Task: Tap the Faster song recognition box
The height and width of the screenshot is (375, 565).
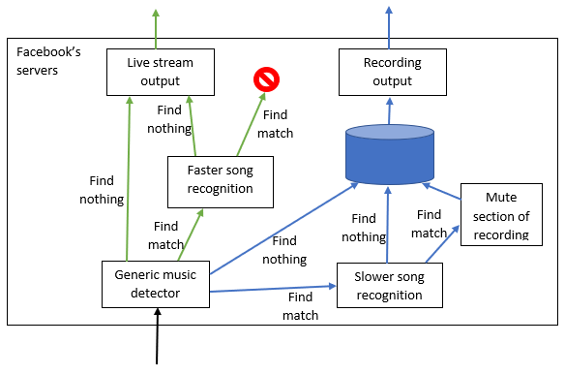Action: (x=221, y=180)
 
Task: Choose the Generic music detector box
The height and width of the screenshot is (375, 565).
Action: (x=155, y=284)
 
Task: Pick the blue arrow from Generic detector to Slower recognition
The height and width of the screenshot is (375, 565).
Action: (x=271, y=289)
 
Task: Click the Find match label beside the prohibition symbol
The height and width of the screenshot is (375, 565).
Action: (x=276, y=123)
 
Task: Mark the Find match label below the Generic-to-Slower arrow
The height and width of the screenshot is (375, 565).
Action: (x=300, y=306)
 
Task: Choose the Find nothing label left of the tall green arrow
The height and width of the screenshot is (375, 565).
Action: (x=106, y=190)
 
